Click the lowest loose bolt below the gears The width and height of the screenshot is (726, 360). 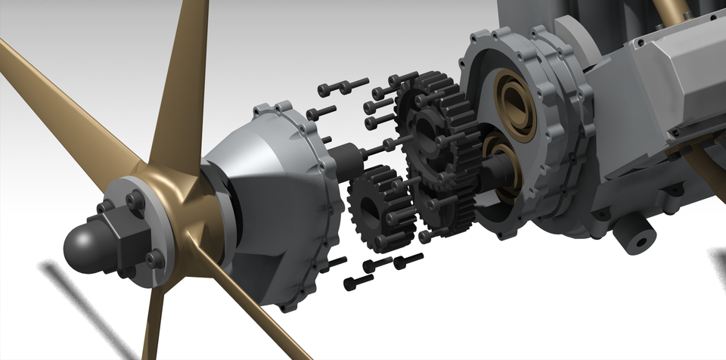(358, 282)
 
